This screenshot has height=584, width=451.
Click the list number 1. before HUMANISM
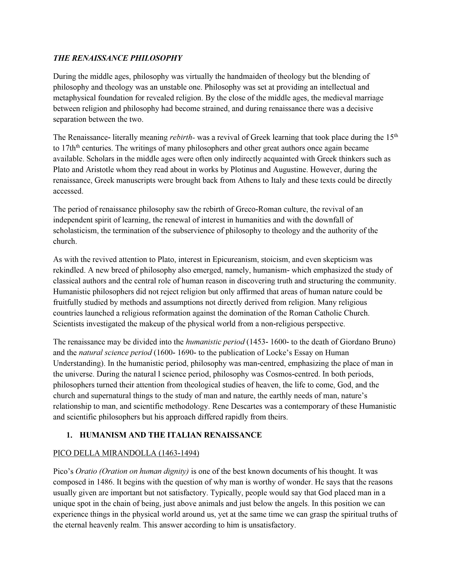point(69,435)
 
